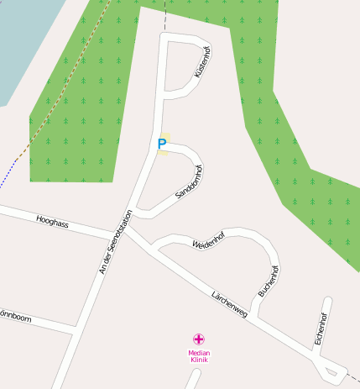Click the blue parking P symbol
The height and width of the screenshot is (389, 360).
click(x=162, y=144)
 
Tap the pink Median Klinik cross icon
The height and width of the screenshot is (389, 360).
click(x=198, y=339)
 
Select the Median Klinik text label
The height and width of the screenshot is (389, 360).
click(x=199, y=356)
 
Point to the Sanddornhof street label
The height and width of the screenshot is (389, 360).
click(x=190, y=182)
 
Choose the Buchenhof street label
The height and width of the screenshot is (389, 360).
click(x=269, y=282)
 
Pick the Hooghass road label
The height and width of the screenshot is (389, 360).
click(x=52, y=223)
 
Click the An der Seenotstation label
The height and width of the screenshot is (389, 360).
click(x=116, y=242)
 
